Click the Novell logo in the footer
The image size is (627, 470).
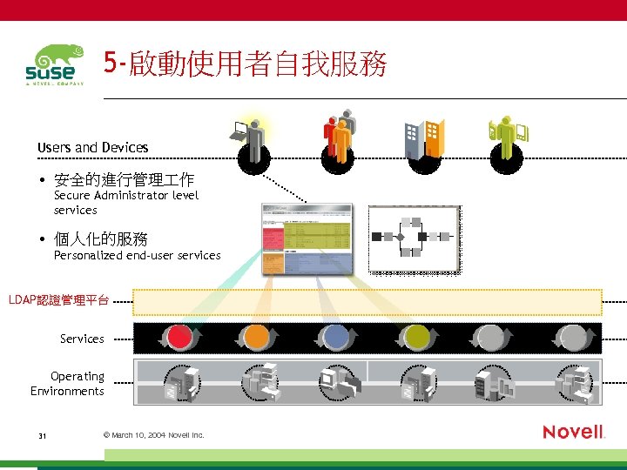[573, 432]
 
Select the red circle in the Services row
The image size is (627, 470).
[179, 337]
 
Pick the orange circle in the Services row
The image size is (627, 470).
[256, 337]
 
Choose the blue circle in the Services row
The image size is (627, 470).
[335, 337]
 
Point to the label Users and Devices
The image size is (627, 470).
[93, 148]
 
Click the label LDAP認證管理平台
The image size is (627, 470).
[59, 300]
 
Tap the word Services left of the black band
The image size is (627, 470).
[82, 339]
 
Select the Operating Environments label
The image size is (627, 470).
[68, 384]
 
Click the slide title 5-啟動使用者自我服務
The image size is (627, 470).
[245, 64]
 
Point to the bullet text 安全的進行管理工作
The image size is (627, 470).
[124, 181]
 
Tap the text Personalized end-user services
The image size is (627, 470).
[138, 255]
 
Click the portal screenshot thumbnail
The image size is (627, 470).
[307, 238]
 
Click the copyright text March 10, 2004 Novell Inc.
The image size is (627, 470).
[153, 435]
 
